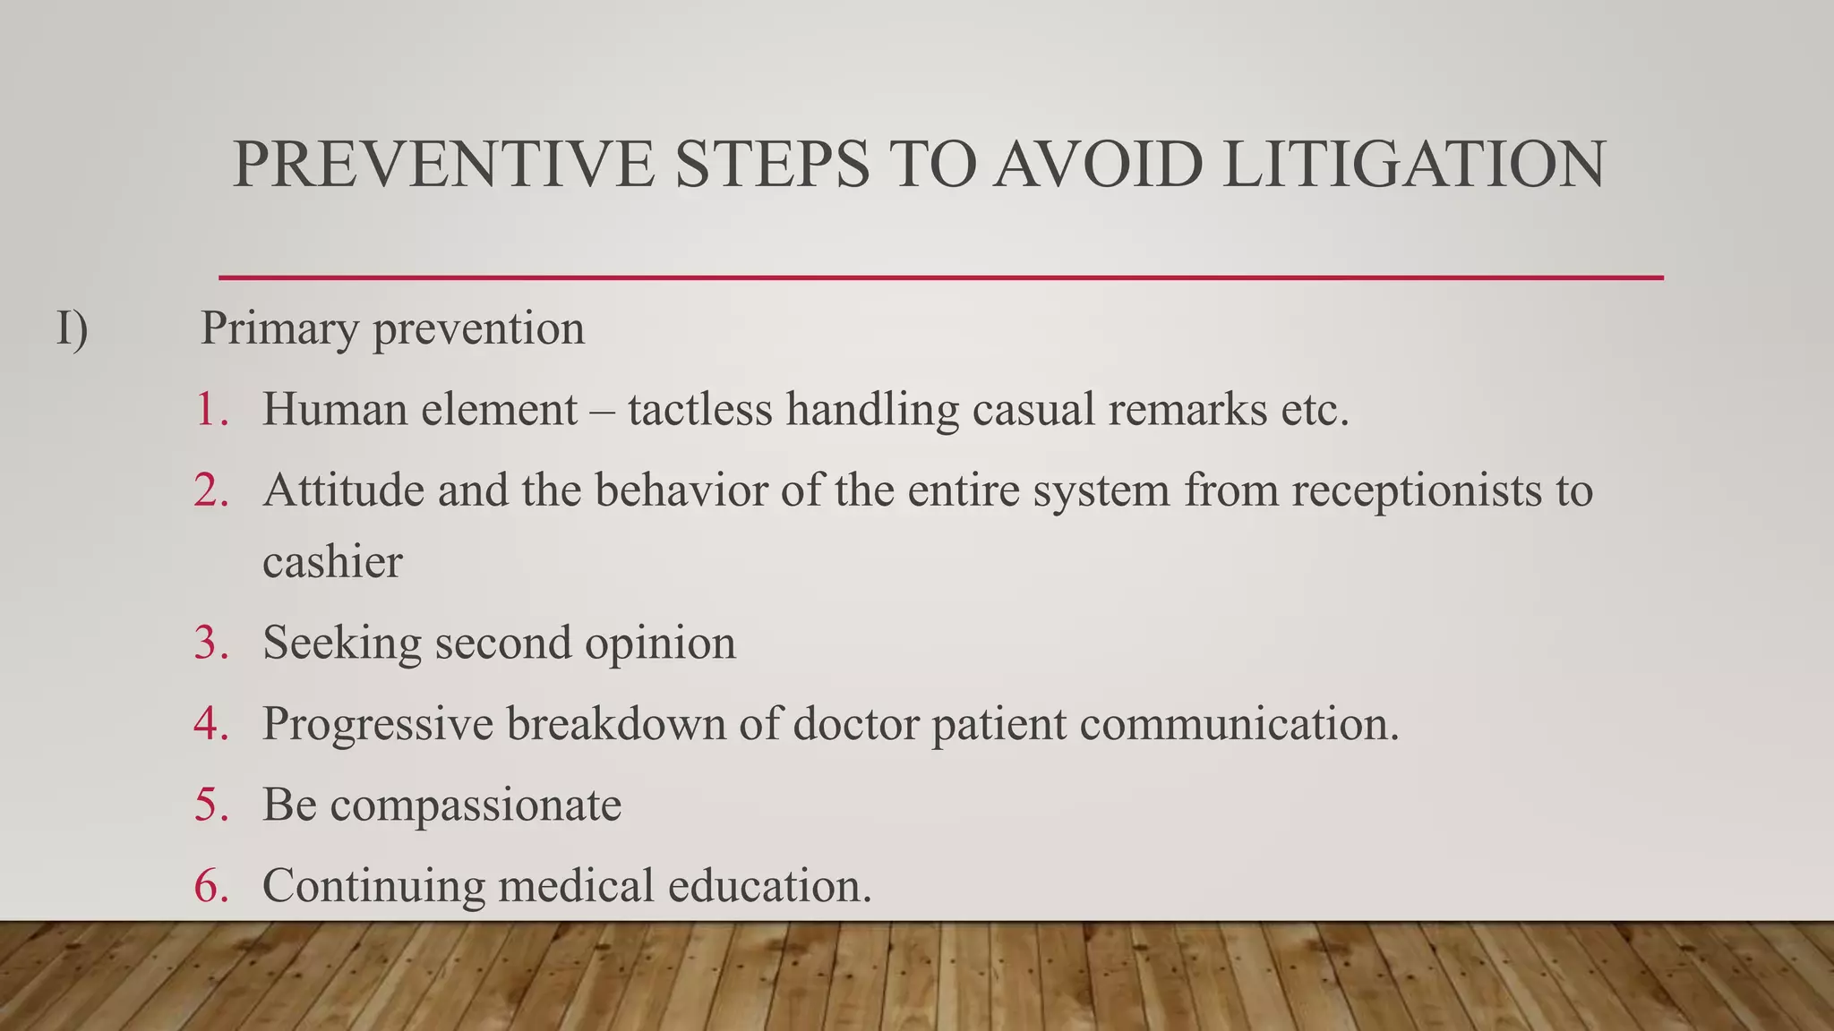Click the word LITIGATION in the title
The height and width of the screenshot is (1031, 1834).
pyautogui.click(x=1414, y=165)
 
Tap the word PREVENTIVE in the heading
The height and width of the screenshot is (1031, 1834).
pyautogui.click(x=443, y=165)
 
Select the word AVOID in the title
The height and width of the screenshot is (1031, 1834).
pyautogui.click(x=1097, y=165)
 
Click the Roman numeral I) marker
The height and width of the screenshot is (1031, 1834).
pyautogui.click(x=73, y=328)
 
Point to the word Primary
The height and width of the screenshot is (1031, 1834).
pyautogui.click(x=279, y=328)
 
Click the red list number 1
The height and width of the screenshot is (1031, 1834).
pyautogui.click(x=210, y=410)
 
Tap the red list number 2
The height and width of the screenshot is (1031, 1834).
pyautogui.click(x=210, y=490)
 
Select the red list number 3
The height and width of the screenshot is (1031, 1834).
pyautogui.click(x=210, y=643)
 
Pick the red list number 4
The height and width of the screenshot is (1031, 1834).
pyautogui.click(x=210, y=723)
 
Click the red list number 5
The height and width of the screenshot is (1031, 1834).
pyautogui.click(x=210, y=804)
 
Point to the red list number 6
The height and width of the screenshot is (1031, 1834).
pyautogui.click(x=210, y=885)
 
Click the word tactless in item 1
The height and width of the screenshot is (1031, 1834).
pyautogui.click(x=699, y=410)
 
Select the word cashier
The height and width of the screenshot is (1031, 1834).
pyautogui.click(x=332, y=563)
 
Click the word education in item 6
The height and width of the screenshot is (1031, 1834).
pyautogui.click(x=769, y=885)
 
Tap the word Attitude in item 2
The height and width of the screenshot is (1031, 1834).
pyautogui.click(x=343, y=490)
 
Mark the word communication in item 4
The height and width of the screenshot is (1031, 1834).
pyautogui.click(x=1238, y=723)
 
